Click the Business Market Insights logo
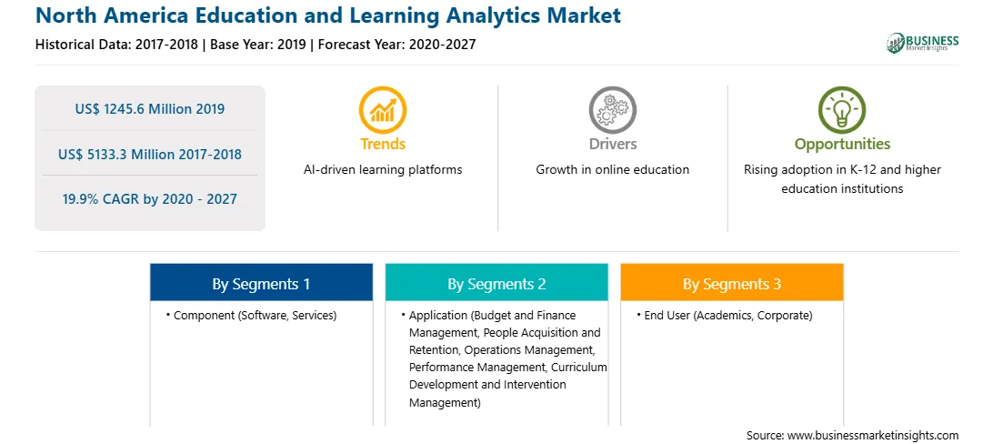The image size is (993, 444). coord(922,43)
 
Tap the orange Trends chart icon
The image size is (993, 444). coord(383,110)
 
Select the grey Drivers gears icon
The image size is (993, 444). coord(612,110)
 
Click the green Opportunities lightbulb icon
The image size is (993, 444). coord(842,110)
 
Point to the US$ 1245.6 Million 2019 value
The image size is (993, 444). coord(149,109)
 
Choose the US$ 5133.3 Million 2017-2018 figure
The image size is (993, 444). coord(149,154)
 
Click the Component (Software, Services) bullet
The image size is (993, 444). coord(251,316)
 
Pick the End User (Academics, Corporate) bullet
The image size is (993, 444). coord(725,316)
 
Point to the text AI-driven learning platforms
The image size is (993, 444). coord(383,170)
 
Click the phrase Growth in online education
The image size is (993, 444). coord(612,170)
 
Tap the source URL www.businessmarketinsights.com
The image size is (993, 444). coord(873,435)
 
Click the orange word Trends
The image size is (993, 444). coord(383,144)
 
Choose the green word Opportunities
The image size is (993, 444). coord(842,144)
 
